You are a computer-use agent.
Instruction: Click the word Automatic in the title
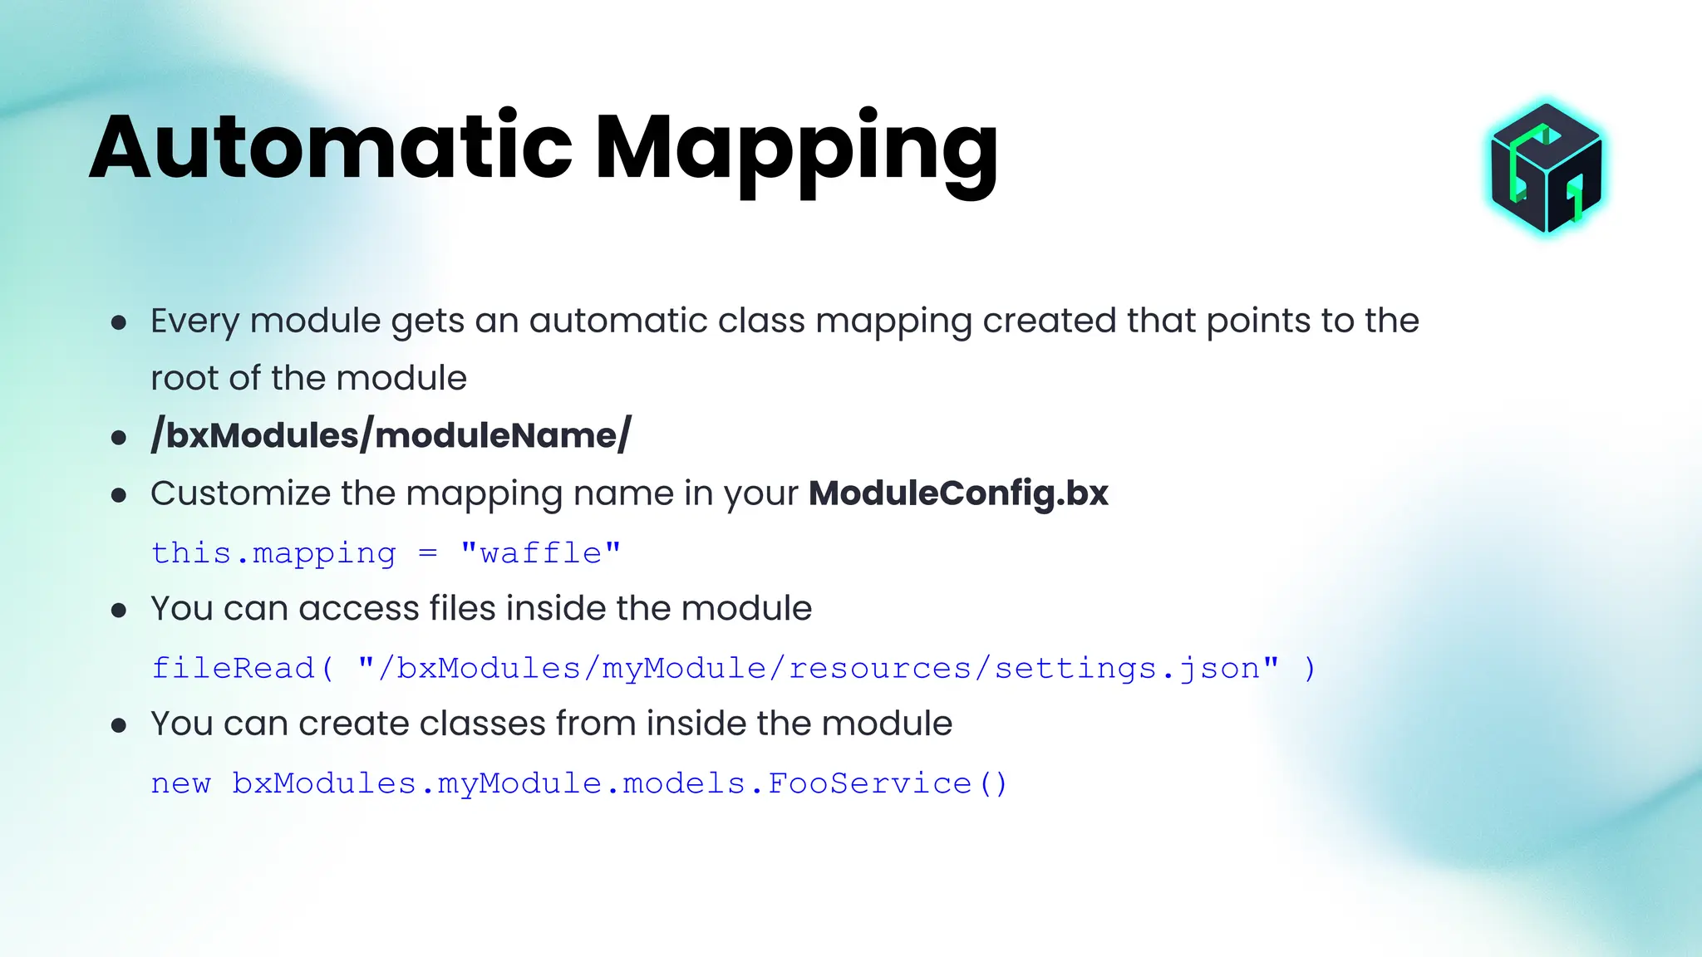click(331, 148)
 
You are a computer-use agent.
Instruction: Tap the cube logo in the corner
click(1546, 169)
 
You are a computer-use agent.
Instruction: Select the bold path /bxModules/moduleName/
click(391, 435)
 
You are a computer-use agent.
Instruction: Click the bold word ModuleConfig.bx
click(958, 493)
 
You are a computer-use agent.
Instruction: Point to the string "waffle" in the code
click(541, 553)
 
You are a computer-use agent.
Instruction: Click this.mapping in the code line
click(273, 553)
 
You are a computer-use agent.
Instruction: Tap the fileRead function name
click(233, 668)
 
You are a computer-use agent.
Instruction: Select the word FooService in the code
click(869, 783)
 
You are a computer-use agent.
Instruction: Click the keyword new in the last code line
click(181, 783)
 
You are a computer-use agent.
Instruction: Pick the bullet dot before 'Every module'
click(119, 322)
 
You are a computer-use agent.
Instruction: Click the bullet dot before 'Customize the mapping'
click(119, 496)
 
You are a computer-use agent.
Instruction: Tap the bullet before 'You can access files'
click(119, 611)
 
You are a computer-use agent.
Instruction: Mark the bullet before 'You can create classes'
click(119, 726)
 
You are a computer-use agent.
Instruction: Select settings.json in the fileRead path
click(1127, 668)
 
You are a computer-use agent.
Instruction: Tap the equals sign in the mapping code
click(428, 553)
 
